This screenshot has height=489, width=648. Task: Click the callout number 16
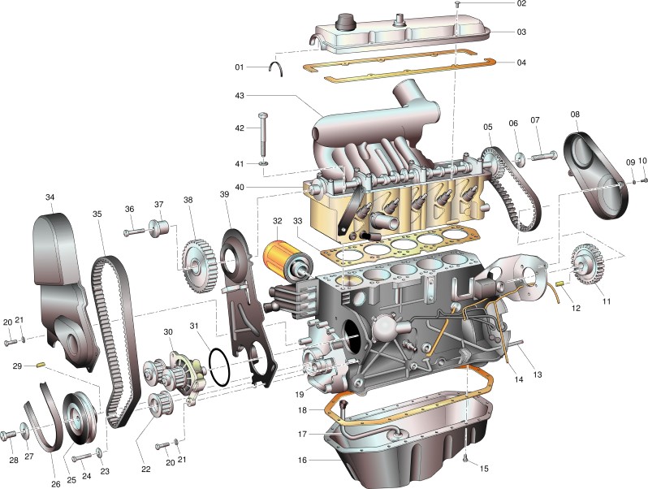[302, 460]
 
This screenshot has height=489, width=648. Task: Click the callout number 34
[50, 197]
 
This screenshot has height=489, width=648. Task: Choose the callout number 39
[225, 195]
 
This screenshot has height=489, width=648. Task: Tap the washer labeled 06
[516, 154]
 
